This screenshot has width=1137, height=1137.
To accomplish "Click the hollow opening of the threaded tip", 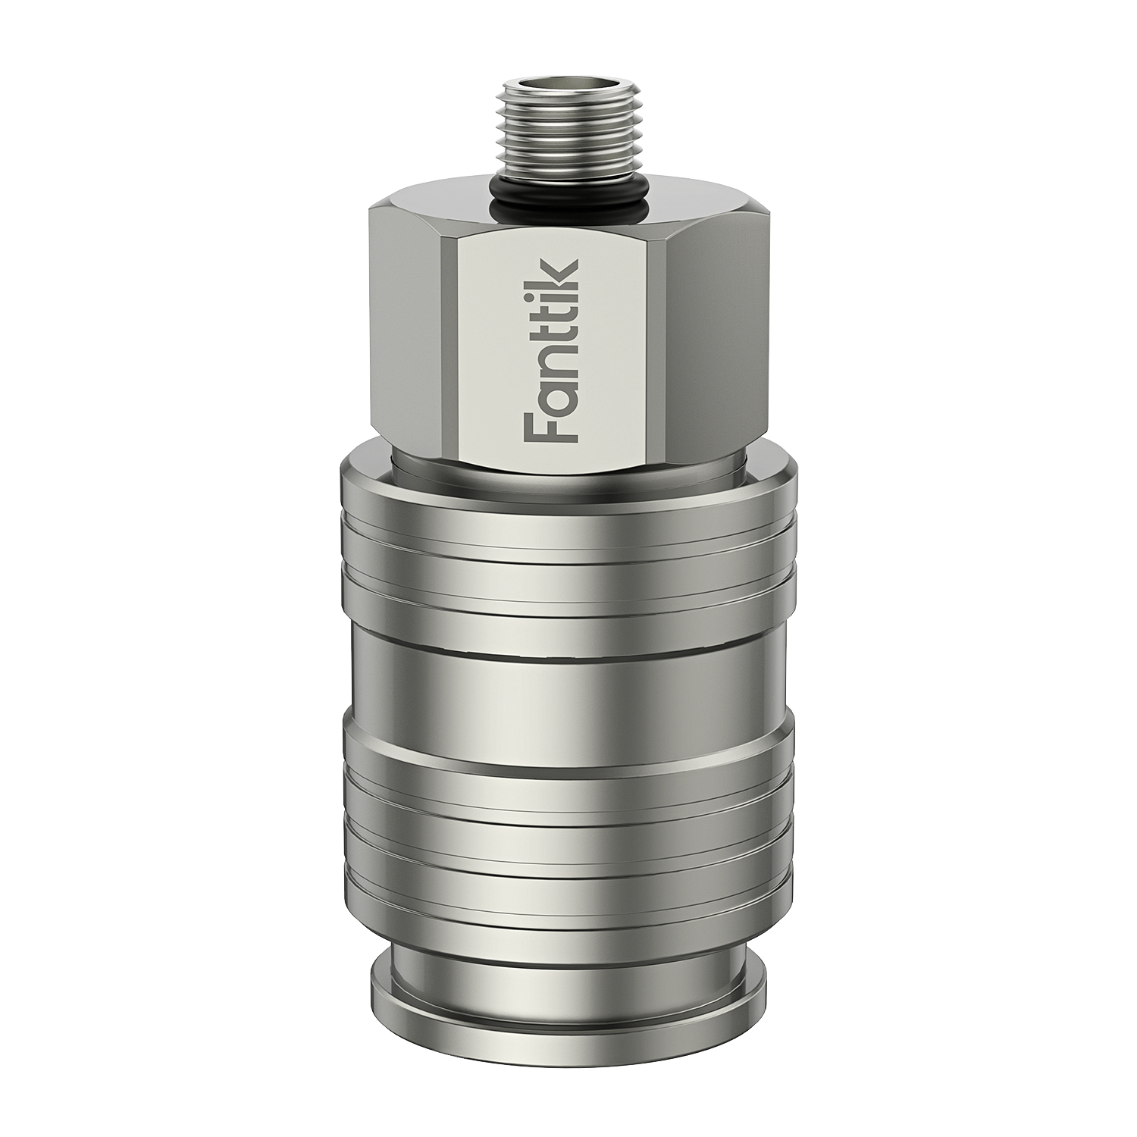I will (x=565, y=92).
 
